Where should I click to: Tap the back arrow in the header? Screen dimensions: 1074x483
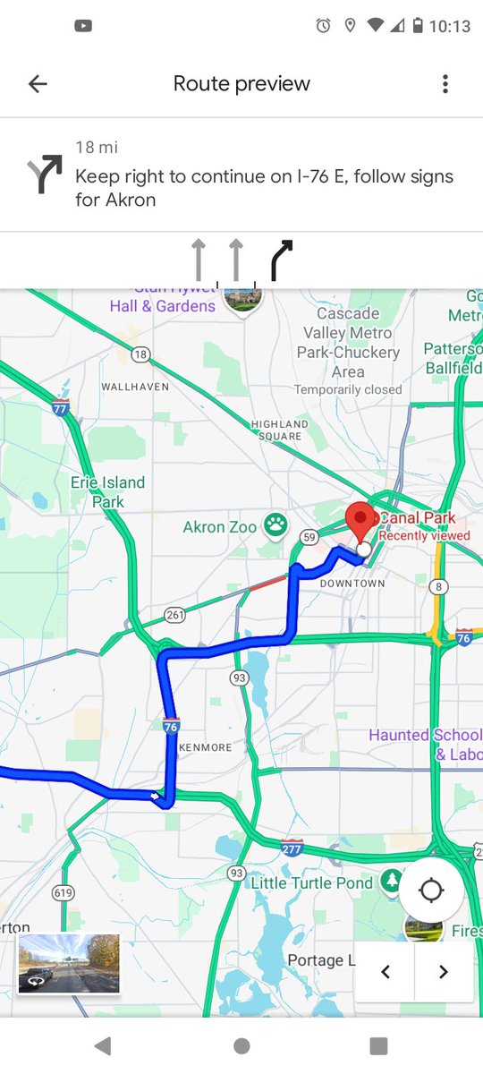[x=38, y=84]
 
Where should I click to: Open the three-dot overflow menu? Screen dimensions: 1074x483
[x=445, y=84]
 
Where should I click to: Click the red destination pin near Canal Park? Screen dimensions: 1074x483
[x=360, y=522]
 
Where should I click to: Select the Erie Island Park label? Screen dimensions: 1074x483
[x=108, y=492]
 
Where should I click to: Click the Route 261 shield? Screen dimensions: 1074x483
[x=175, y=615]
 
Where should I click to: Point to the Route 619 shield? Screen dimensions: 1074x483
[x=63, y=892]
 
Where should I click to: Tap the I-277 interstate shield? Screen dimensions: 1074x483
[x=292, y=847]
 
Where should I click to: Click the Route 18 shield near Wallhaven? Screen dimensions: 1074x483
[x=140, y=354]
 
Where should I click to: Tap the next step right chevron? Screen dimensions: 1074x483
[x=444, y=972]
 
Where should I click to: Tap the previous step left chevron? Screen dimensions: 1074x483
[x=386, y=972]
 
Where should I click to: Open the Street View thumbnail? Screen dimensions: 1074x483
[x=69, y=963]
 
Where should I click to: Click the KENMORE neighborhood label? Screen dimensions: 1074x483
[x=205, y=747]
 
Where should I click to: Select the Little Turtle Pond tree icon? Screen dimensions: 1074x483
[x=391, y=882]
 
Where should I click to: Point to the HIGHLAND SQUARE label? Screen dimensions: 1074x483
[x=280, y=430]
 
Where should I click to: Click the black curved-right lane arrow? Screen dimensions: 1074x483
[x=282, y=260]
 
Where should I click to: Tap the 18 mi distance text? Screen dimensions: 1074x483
[x=97, y=148]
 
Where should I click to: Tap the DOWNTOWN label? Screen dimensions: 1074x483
[x=352, y=584]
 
